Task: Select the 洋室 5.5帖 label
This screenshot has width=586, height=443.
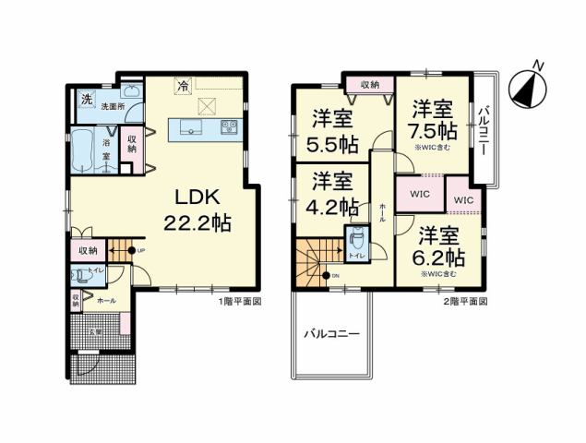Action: pyautogui.click(x=332, y=131)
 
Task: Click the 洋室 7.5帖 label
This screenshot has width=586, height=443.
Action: pyautogui.click(x=433, y=121)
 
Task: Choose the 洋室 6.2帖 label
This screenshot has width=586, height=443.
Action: pyautogui.click(x=439, y=245)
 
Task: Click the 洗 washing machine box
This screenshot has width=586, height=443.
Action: pyautogui.click(x=85, y=99)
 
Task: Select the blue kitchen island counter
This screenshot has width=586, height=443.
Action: pyautogui.click(x=203, y=128)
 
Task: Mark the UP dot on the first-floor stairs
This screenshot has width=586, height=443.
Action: pyautogui.click(x=132, y=250)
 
